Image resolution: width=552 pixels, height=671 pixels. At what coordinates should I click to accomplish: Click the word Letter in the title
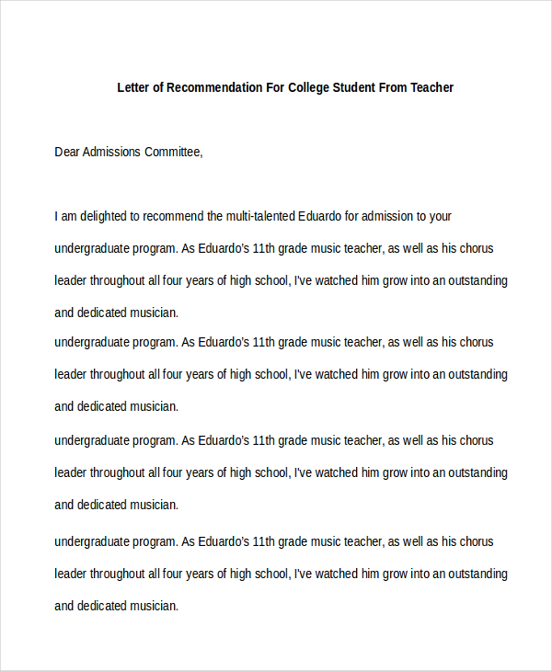pos(133,88)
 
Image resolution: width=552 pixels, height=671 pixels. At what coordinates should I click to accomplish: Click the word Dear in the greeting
pos(67,153)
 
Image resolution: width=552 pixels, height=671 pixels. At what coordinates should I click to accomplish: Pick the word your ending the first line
pos(441,217)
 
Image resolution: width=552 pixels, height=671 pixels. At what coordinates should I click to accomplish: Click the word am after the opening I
pos(70,217)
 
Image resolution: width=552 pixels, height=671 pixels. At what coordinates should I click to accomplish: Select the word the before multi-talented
pos(214,217)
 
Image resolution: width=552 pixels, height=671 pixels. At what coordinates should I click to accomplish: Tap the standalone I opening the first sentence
pos(56,217)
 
